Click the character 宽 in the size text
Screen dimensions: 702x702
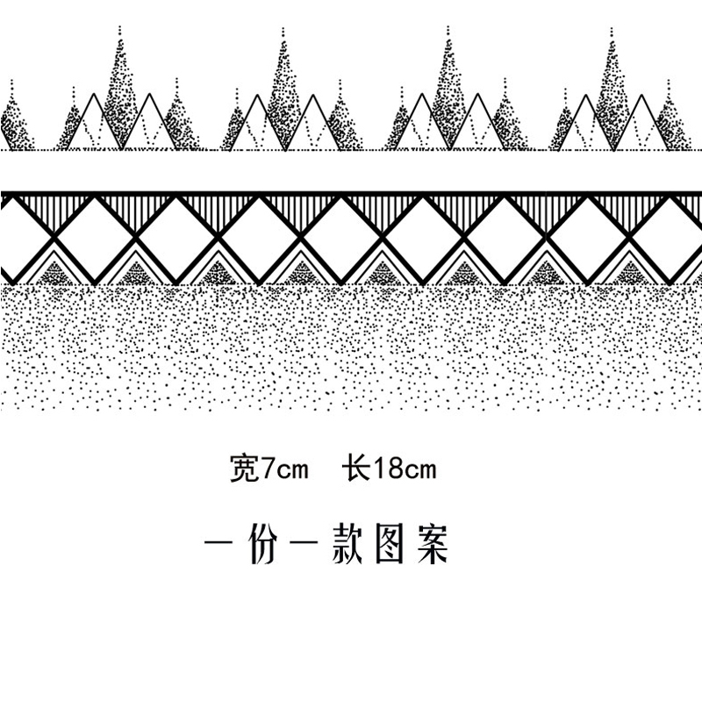(240, 469)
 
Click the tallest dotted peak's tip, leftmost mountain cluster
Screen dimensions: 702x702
(119, 29)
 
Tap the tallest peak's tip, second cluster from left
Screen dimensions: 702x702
(283, 29)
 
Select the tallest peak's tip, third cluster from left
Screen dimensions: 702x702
(447, 29)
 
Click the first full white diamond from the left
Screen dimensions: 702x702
(97, 238)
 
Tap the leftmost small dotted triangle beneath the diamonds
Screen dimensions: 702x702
(55, 271)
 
